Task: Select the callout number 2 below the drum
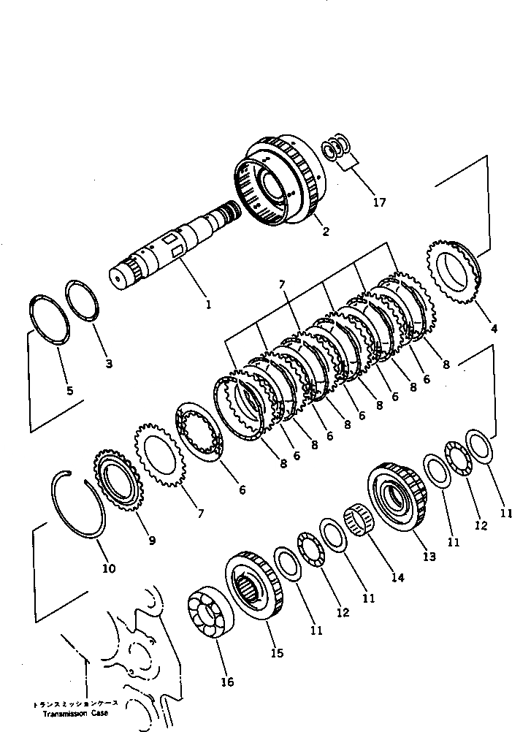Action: click(x=325, y=232)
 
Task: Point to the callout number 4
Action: click(x=494, y=329)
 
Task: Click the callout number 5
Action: click(x=69, y=390)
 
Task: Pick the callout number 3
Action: click(x=108, y=363)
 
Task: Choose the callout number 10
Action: click(x=109, y=568)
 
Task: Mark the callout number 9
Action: click(x=152, y=541)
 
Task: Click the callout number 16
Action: click(x=227, y=682)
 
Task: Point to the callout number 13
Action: click(x=428, y=557)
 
